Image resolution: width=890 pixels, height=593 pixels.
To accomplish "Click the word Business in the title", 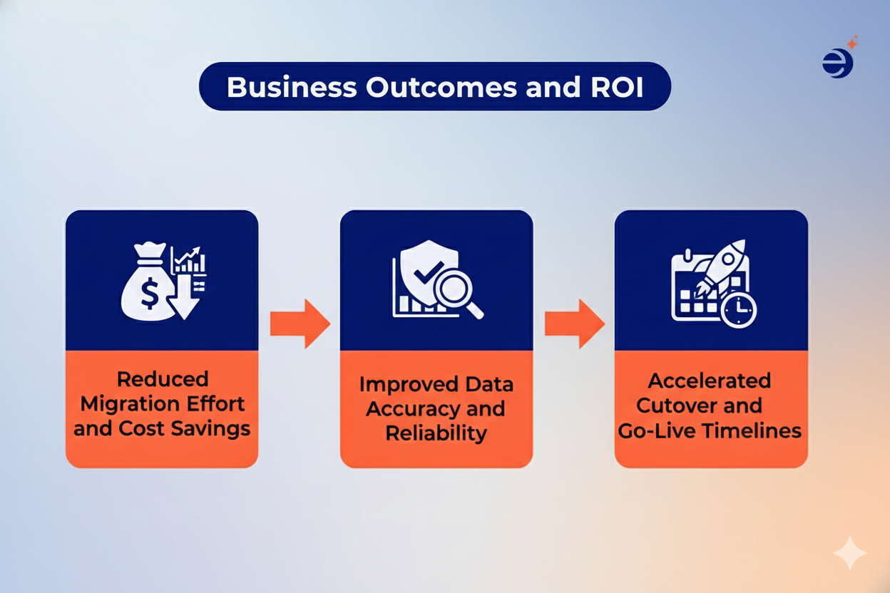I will click(x=291, y=87).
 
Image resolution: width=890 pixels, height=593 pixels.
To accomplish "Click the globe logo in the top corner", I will click(x=837, y=63).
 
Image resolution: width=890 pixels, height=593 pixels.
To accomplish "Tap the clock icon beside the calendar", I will click(x=738, y=309).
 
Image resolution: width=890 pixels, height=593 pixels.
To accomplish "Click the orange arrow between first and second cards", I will click(x=300, y=324).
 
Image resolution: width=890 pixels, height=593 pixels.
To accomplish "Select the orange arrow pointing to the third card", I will click(x=574, y=324).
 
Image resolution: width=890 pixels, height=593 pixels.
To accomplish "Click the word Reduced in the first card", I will click(x=162, y=379).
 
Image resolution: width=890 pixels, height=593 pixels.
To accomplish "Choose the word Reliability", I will click(x=436, y=433).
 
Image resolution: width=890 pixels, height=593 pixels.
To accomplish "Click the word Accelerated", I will click(x=710, y=381).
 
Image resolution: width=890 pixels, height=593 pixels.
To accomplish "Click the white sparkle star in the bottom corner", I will click(x=850, y=554).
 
